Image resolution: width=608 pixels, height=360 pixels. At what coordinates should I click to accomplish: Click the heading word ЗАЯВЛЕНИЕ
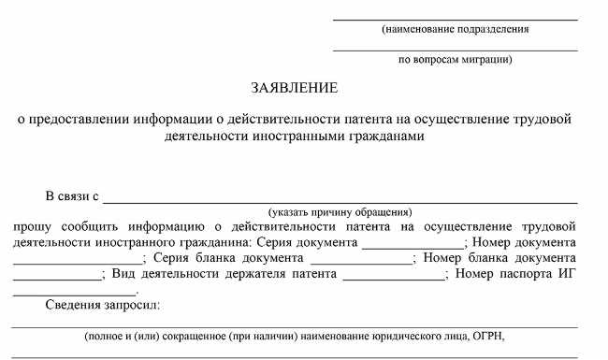coord(294,88)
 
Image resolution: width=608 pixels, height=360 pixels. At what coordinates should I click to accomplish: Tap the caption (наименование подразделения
coord(456,29)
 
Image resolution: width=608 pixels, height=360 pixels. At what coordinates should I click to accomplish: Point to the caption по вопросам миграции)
coord(456,60)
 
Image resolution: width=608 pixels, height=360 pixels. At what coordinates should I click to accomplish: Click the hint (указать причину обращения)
coord(340,212)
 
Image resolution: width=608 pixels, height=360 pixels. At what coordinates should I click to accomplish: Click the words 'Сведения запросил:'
coord(103,306)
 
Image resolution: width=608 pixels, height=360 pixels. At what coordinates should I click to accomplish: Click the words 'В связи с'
coord(72,196)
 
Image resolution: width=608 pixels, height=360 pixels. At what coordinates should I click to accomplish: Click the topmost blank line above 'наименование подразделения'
coord(456,19)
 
